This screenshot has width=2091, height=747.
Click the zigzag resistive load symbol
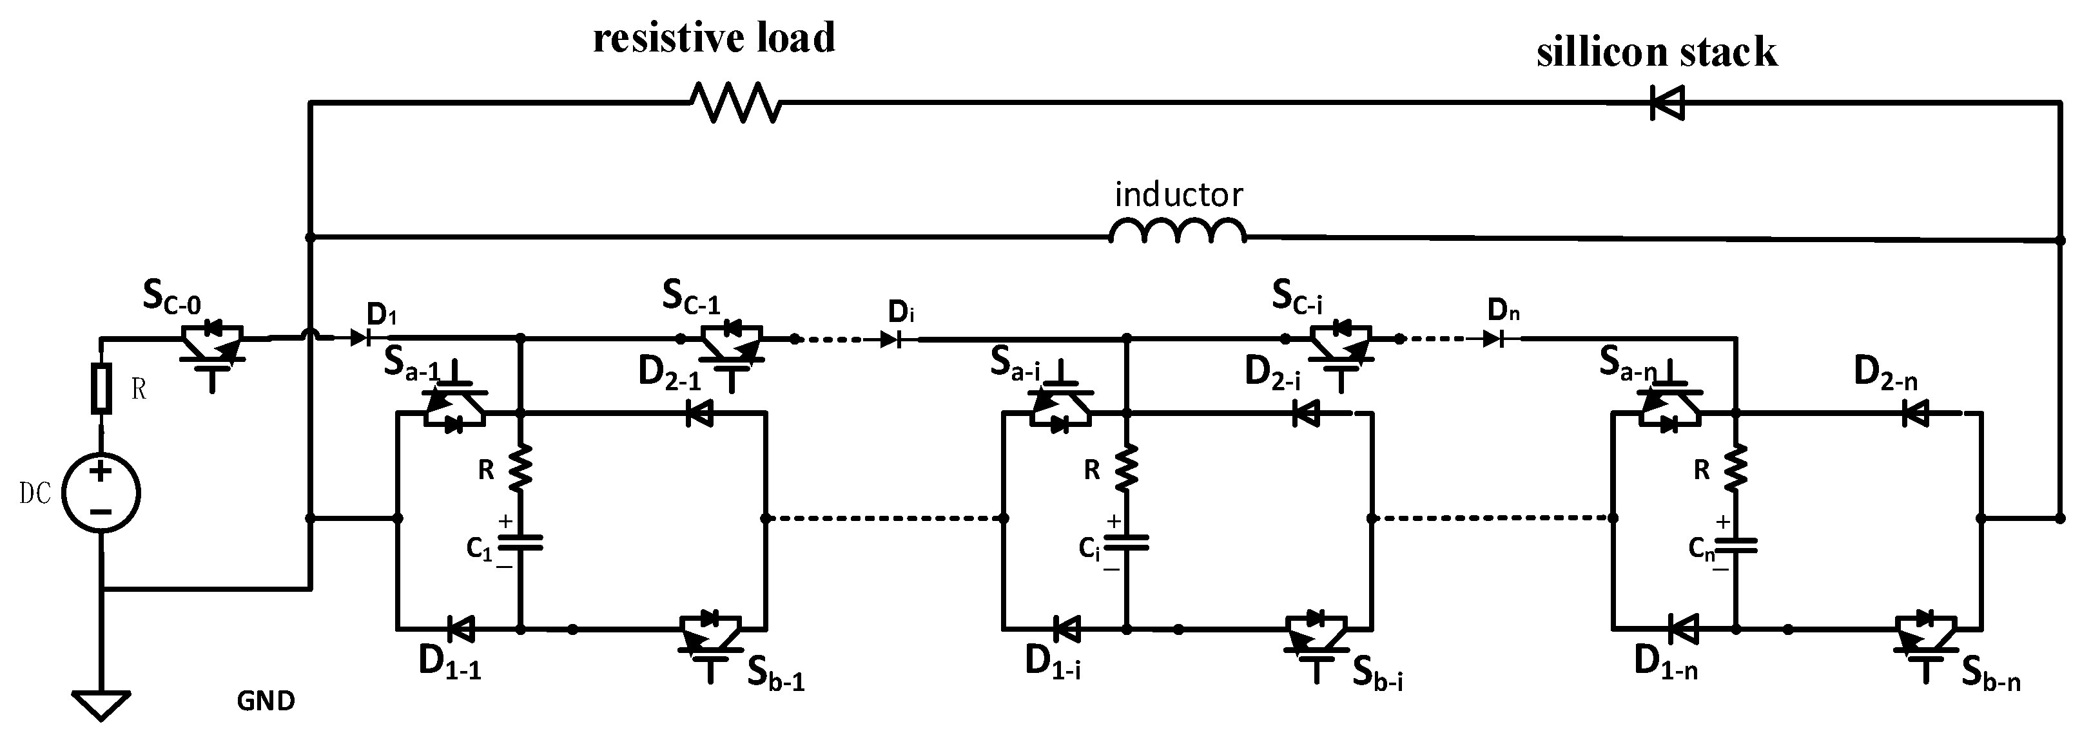click(735, 103)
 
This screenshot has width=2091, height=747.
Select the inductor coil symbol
click(1177, 232)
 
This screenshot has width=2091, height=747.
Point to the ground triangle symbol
click(101, 704)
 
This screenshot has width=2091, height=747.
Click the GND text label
click(266, 701)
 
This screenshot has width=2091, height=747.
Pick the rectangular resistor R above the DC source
click(101, 390)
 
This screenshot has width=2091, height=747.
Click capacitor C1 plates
click(520, 542)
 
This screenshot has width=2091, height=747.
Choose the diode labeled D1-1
click(461, 628)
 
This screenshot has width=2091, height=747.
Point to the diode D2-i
click(1305, 413)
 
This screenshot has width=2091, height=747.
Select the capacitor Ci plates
click(1127, 542)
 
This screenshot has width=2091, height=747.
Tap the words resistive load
click(714, 38)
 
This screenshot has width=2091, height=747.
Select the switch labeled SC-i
click(1341, 349)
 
